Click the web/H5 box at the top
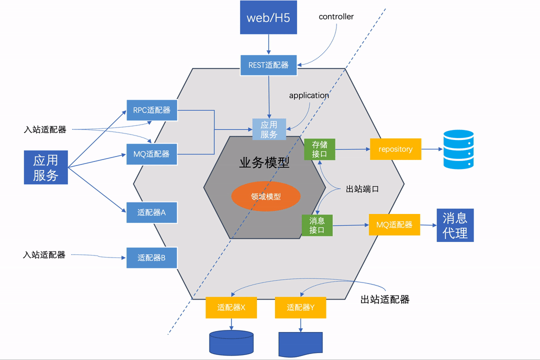click(268, 17)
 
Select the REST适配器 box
click(268, 65)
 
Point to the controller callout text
click(336, 16)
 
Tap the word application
click(309, 95)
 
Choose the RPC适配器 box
click(151, 109)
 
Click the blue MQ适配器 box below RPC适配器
click(151, 154)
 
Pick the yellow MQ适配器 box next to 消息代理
click(394, 225)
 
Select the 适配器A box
click(151, 212)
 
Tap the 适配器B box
click(151, 258)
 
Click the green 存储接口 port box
click(319, 149)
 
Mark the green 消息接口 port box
click(317, 225)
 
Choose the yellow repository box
click(395, 149)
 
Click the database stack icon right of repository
click(458, 149)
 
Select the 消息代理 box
click(455, 225)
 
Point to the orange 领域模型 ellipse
click(265, 196)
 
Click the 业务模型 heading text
click(264, 162)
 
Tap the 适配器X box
click(231, 307)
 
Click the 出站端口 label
click(362, 189)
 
